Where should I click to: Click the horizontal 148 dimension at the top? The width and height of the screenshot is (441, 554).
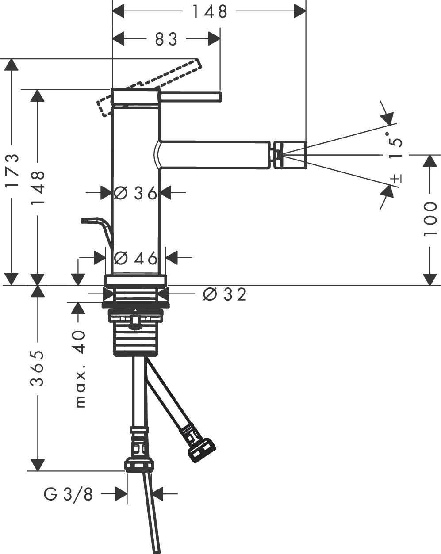pos(209,11)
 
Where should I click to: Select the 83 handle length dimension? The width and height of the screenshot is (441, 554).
pos(166,39)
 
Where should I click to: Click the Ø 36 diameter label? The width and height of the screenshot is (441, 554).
pos(135,193)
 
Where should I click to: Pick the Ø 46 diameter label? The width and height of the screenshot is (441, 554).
pos(135,258)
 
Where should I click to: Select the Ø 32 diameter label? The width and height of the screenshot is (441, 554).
pos(224,294)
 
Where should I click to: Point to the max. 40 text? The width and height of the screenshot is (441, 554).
pos(80,368)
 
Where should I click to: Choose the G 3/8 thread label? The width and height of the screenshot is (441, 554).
pos(69,494)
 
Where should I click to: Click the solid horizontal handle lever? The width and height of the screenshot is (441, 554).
pos(191,97)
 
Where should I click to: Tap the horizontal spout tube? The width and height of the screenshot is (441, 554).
pos(215,154)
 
